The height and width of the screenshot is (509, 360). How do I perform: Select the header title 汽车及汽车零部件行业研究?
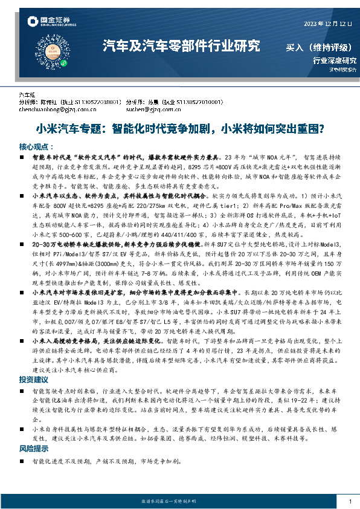tap(181, 45)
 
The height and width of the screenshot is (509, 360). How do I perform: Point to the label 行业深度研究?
tap(335, 60)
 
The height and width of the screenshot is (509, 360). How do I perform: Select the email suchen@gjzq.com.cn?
tap(153, 111)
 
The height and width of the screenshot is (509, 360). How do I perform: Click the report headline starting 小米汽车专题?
tap(180, 129)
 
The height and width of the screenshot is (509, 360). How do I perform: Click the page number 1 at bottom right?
tap(350, 502)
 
